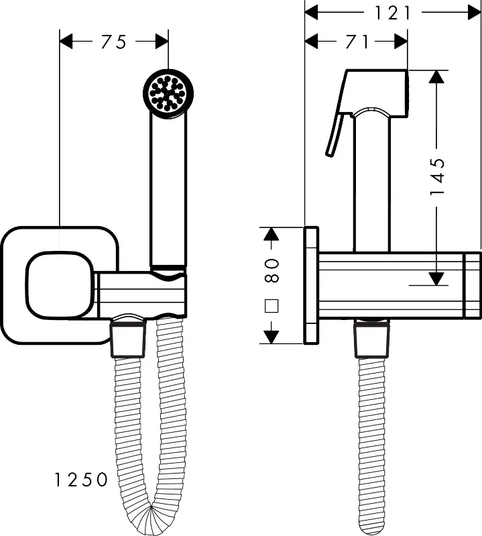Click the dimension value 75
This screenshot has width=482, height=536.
114,42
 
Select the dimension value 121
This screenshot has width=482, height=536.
392,13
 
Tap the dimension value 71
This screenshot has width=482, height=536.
357,42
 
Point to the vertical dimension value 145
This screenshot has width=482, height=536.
438,176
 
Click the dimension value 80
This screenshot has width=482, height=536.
272,270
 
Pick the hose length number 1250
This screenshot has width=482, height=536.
81,480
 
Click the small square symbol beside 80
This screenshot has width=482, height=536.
272,306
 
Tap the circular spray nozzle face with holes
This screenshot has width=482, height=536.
168,93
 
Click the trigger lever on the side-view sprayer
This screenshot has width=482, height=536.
334,134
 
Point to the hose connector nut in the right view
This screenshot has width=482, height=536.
371,339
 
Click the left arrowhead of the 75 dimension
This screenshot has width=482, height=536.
66,42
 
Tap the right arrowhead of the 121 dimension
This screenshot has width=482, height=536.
474,13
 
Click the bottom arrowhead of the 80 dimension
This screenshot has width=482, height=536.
272,337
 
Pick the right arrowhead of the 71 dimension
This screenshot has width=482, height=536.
401,42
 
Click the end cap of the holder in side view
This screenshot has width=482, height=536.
473,285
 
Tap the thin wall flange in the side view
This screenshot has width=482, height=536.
311,285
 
